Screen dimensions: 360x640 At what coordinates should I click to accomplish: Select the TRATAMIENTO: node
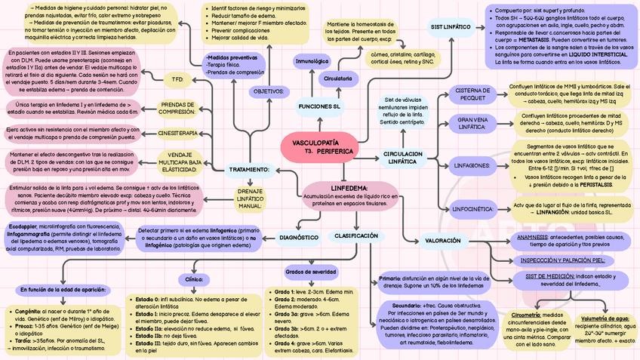tap(249, 169)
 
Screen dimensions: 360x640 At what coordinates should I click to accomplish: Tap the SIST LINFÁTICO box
tap(451, 27)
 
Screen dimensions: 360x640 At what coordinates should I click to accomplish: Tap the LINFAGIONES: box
tap(472, 165)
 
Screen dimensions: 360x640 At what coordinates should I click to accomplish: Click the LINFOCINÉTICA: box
tap(472, 207)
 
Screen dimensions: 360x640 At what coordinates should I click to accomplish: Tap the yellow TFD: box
tap(177, 78)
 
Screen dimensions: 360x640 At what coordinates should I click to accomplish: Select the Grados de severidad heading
tap(310, 271)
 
